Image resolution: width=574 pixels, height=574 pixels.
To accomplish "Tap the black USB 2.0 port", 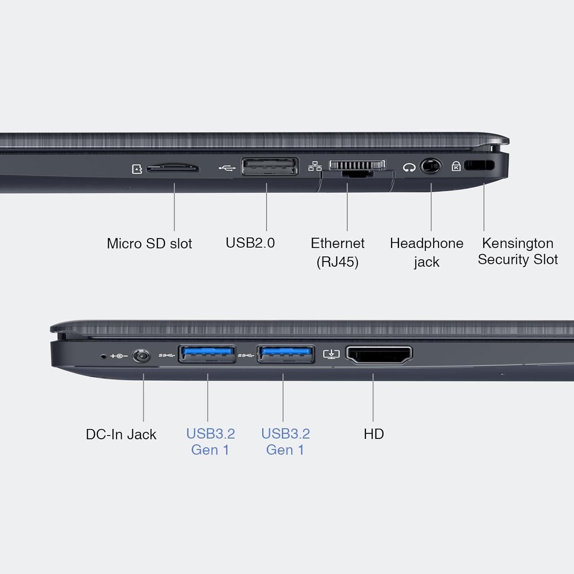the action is (x=270, y=166).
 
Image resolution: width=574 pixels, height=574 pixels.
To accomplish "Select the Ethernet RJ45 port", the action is (x=357, y=168).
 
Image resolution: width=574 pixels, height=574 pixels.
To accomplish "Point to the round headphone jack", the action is (x=431, y=166).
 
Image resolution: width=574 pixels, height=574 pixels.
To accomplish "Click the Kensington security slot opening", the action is (x=479, y=165).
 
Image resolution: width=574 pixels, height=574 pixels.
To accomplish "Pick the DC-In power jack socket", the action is (x=141, y=356).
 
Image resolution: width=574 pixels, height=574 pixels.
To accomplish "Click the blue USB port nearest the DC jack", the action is (x=207, y=354).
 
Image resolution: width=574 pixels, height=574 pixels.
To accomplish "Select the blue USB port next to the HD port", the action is (x=286, y=354).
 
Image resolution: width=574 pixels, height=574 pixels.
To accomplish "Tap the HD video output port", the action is (x=379, y=355).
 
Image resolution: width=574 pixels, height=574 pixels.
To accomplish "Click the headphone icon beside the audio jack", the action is (x=409, y=167).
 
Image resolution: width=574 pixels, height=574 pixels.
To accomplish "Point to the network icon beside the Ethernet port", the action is (x=315, y=166).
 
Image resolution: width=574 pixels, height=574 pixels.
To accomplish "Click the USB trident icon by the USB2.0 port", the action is (x=227, y=168).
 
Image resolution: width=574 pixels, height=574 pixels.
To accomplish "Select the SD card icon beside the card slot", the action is (x=137, y=169).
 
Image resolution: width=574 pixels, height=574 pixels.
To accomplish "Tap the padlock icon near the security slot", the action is (x=456, y=166).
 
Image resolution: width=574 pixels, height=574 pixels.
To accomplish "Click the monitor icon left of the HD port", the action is (x=331, y=354).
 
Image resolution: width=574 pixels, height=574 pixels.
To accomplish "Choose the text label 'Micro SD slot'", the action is (x=149, y=243).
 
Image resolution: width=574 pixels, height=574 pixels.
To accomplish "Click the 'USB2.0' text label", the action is (x=250, y=243).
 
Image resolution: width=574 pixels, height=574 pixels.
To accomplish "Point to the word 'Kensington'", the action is (x=518, y=243).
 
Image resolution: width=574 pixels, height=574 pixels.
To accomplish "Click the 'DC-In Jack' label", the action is (x=121, y=434).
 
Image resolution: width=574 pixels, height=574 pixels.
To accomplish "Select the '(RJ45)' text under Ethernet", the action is (x=338, y=262).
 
